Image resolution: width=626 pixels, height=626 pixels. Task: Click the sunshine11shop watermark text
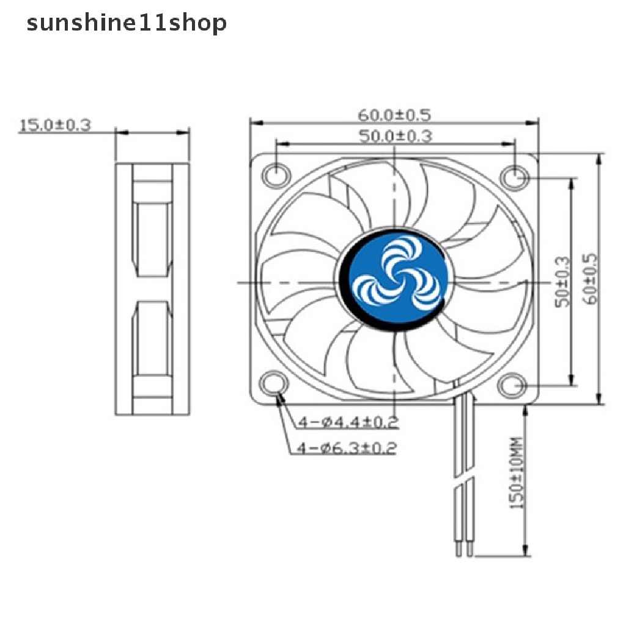(127, 24)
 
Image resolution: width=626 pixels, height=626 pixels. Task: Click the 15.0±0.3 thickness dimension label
(55, 125)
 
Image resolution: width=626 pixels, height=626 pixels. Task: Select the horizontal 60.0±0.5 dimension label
(395, 114)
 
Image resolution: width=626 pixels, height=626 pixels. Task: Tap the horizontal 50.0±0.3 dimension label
(395, 136)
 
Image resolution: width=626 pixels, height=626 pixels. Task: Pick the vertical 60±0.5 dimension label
(591, 282)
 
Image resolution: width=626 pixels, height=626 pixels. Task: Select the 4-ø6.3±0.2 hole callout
(347, 449)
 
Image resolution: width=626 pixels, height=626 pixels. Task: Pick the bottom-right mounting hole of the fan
(510, 386)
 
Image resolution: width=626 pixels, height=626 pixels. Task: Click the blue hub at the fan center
(395, 281)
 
